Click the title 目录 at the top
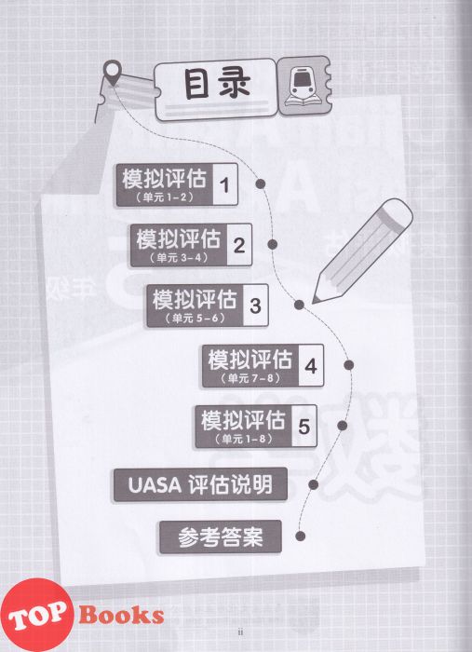pos(218,84)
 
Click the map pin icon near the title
pos(113,73)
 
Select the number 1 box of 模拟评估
pos(225,184)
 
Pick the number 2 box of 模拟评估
pos(239,245)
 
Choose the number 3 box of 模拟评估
pos(255,306)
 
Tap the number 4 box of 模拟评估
pos(311,366)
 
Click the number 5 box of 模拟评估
pos(304,427)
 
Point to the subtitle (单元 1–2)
pos(165,197)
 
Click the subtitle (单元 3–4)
pos(179,257)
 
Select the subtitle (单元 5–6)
pos(195,319)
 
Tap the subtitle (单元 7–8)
pos(250,378)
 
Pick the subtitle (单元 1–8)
pos(244,439)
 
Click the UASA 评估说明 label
pos(200,485)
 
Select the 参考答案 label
pos(221,537)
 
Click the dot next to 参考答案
pos(301,536)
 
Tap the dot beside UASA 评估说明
pos(314,484)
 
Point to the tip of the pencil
pos(314,302)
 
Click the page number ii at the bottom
pos(240,632)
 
